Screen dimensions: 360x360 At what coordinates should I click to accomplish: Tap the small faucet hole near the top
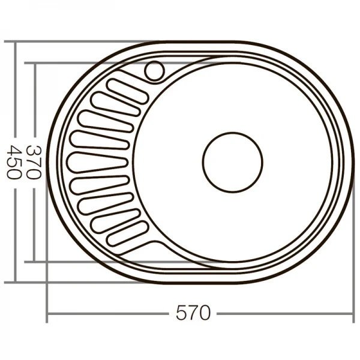[x=154, y=70]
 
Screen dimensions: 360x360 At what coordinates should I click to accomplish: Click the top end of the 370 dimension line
[x=34, y=63]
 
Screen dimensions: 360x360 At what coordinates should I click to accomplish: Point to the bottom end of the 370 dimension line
[x=34, y=262]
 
